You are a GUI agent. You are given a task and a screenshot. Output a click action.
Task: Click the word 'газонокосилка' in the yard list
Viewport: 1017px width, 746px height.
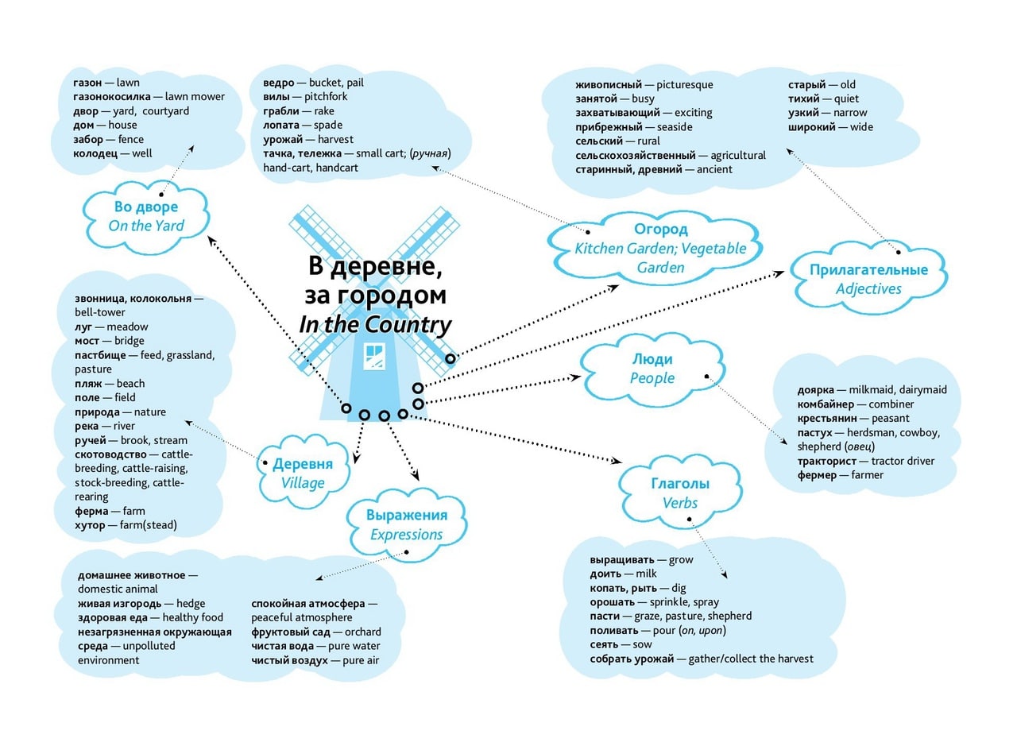(x=112, y=97)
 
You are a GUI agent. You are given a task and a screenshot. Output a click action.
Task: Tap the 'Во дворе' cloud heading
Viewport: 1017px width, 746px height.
(x=145, y=207)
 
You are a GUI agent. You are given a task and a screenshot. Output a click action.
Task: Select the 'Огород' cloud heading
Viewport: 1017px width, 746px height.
(x=660, y=230)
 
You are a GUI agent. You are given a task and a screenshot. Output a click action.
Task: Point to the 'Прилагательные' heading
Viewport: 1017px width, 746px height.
(x=868, y=269)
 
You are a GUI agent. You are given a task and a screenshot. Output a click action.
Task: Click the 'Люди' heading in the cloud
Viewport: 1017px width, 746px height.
(x=652, y=360)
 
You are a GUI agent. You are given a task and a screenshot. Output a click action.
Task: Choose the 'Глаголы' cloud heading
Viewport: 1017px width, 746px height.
(x=680, y=484)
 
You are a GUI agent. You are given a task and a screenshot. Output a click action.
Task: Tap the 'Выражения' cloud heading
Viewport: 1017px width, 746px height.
(x=407, y=516)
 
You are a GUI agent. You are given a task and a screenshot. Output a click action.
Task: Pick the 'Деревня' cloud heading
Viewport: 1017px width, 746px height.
(x=303, y=464)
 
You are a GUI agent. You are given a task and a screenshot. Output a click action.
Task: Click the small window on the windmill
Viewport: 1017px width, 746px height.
(x=374, y=356)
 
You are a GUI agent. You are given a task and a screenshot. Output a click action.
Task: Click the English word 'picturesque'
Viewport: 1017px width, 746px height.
(x=685, y=85)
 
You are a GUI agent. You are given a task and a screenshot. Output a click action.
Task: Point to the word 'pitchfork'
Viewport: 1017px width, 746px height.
(x=326, y=97)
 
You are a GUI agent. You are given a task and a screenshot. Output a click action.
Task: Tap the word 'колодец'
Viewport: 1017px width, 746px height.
(x=95, y=153)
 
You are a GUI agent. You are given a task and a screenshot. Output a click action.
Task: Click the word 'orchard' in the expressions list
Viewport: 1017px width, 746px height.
(x=363, y=632)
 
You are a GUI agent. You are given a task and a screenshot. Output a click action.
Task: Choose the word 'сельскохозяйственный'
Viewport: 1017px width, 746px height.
(x=635, y=156)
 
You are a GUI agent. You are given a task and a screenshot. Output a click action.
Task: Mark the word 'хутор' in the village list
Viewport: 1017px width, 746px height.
(x=90, y=526)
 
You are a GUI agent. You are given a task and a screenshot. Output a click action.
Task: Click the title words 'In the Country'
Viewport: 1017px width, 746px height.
(x=375, y=325)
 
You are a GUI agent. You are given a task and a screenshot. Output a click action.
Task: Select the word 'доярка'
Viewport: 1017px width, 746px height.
(x=815, y=390)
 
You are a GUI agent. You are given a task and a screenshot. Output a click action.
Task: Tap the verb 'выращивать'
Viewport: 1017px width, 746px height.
(x=622, y=560)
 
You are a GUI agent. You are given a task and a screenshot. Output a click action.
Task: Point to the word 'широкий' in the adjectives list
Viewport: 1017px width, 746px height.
(x=811, y=127)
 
